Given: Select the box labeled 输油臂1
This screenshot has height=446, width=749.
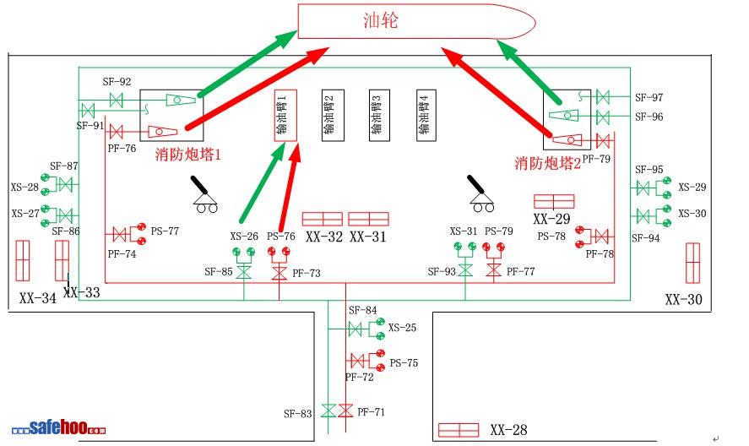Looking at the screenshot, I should (x=285, y=115).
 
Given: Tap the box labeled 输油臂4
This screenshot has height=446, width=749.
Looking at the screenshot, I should (x=425, y=115).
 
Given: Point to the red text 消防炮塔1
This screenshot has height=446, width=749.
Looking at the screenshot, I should (x=187, y=155).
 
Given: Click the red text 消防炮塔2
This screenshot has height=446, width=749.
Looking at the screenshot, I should (x=548, y=163).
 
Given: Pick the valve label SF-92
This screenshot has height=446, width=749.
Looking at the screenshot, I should (x=117, y=82).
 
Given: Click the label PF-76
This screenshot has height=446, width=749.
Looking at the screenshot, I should (x=122, y=149).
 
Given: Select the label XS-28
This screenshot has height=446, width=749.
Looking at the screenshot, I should (x=24, y=188).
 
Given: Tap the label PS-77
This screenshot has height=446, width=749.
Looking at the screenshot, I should (x=165, y=231).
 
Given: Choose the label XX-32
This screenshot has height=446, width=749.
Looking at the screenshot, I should (x=324, y=237).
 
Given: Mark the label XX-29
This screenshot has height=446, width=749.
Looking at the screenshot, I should (x=551, y=219).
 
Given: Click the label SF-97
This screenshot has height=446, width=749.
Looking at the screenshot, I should (x=649, y=98).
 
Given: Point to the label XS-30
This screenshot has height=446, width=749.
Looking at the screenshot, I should (x=692, y=214).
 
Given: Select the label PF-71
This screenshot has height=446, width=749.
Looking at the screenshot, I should (x=371, y=412).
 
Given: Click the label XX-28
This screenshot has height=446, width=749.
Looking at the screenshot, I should (x=508, y=431).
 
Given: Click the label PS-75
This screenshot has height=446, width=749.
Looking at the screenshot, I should (x=404, y=363).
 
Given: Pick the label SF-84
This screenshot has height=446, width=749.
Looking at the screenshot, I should (x=362, y=311).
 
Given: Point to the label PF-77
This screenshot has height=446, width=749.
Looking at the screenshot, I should (x=521, y=272).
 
